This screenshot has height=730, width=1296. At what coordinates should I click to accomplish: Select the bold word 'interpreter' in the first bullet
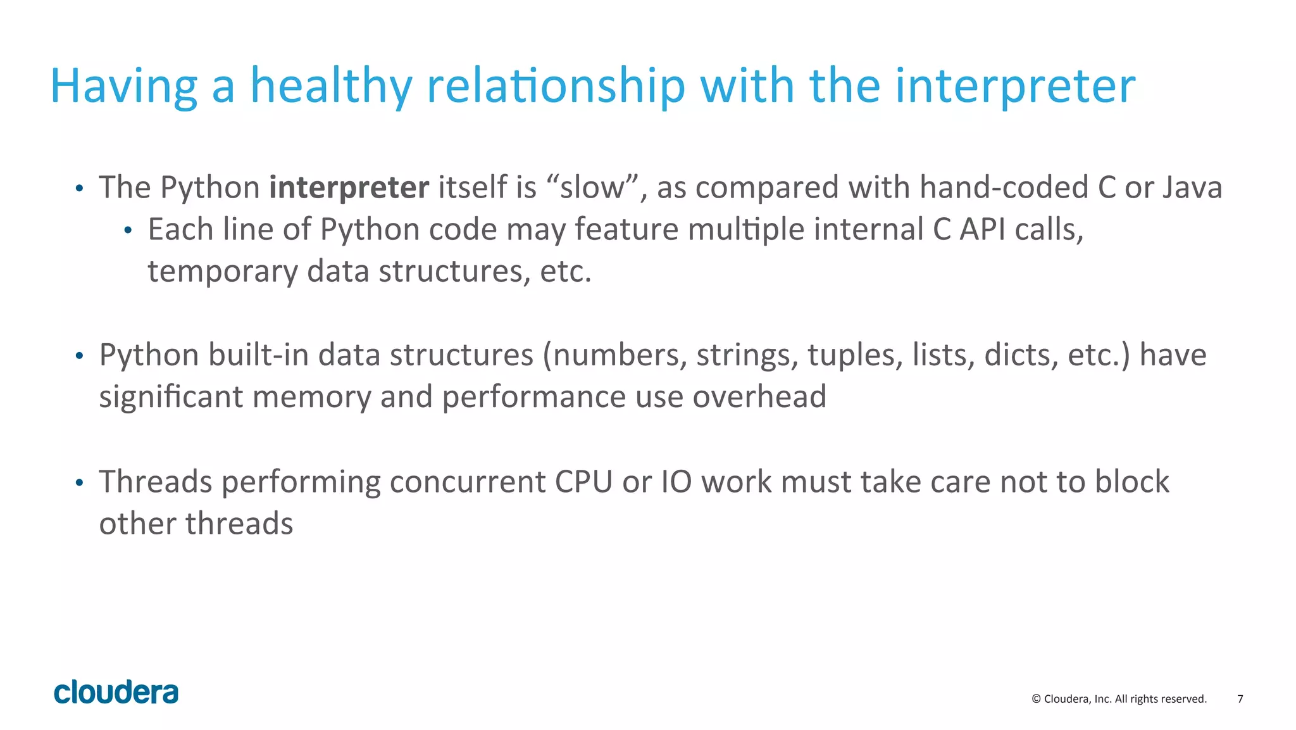tap(349, 187)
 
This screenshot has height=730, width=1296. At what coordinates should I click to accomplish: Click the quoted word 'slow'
tap(592, 187)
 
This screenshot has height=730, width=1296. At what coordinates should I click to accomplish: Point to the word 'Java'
tap(1192, 187)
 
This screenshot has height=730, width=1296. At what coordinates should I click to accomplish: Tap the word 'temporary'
tap(222, 272)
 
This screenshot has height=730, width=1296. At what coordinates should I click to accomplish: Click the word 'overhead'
tap(759, 397)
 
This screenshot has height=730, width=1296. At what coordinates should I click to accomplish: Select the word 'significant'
tap(171, 397)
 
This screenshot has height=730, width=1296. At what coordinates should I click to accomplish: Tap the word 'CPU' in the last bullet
tap(583, 482)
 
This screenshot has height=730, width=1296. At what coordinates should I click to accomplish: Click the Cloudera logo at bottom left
tap(116, 692)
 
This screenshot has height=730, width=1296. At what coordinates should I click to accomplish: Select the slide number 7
tap(1240, 699)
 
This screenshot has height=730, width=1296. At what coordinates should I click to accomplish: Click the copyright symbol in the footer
tap(1036, 699)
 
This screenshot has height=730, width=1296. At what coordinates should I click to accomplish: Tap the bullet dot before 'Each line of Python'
tap(128, 231)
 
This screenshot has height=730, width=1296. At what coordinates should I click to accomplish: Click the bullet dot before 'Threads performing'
tap(79, 484)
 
